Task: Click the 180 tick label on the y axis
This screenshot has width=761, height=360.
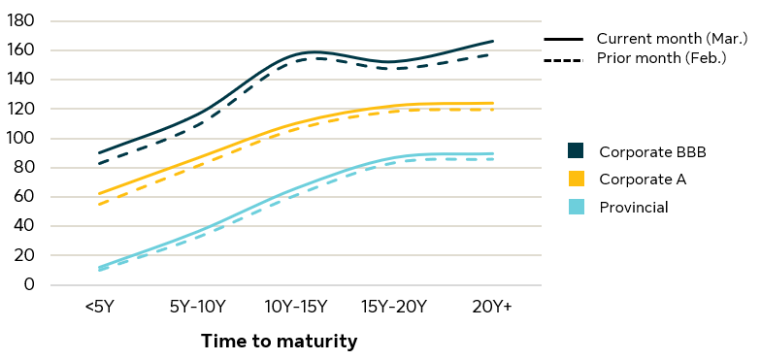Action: coord(22,20)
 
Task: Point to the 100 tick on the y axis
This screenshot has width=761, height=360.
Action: coord(22,138)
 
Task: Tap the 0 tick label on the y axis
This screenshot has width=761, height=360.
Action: coord(30,284)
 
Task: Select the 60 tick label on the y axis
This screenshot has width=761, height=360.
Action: coord(23,197)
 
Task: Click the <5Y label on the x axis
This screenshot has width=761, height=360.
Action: coord(99,308)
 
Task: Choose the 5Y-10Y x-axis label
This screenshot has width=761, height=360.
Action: coord(197,308)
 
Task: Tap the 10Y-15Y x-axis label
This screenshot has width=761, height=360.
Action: coord(296,308)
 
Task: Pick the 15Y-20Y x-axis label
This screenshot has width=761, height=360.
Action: coord(394,308)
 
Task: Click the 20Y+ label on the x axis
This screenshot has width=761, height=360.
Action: coord(492,308)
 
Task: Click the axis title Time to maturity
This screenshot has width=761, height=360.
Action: coord(280,342)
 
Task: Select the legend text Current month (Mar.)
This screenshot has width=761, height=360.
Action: coord(672,39)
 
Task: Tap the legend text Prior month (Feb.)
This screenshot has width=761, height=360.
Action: coord(661,59)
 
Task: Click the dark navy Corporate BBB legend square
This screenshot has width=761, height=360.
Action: coord(576,150)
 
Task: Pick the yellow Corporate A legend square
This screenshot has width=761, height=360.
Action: coord(576,179)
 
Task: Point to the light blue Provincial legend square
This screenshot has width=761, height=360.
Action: coord(576,207)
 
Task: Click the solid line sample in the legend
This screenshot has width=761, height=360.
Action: coord(563,40)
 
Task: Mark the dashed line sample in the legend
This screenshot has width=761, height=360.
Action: coord(563,60)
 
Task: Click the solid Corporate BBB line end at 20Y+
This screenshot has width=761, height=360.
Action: coord(493,41)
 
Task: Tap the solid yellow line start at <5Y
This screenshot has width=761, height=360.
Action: coord(99,193)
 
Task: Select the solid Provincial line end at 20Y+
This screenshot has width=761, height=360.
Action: coord(493,153)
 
